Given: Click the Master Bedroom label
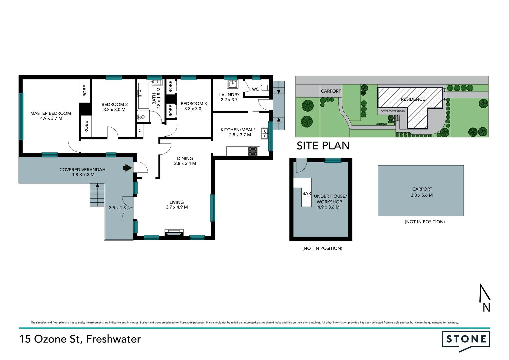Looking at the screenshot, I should point(51,113).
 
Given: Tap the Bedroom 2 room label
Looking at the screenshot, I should point(114,104).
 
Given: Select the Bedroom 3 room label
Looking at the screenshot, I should point(193,104).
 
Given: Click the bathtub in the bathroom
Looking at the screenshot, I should point(143,96).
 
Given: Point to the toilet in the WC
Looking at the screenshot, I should point(265,88).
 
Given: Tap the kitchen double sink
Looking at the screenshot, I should point(264,133).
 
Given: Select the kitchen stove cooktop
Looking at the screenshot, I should point(253,151).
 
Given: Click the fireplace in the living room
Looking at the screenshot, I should point(174,232).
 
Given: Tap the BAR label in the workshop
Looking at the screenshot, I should point(307,193).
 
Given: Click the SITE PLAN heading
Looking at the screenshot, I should point(323,146).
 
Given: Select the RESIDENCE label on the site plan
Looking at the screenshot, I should point(413,99).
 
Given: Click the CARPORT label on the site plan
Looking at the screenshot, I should point(331,91).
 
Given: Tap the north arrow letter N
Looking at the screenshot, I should point(486,307).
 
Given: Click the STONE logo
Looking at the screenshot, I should point(466,339).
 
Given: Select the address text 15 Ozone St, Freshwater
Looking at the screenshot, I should point(80,339).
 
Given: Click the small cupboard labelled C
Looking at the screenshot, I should point(140,130).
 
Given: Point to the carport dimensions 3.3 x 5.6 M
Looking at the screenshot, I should point(422,195).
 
